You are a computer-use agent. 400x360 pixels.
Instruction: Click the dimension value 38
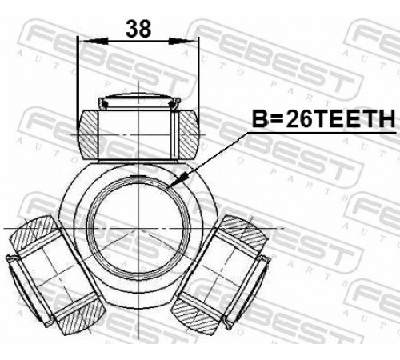tap(138, 29)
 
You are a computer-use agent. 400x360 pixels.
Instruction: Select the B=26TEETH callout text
tap(323, 118)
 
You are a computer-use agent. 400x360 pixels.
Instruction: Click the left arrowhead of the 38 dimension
tap(95, 42)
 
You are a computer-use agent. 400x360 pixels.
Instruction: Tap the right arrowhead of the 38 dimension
tap(182, 42)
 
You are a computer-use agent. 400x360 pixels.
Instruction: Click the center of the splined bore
tap(138, 228)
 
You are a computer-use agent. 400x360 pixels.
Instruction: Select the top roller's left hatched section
tap(88, 134)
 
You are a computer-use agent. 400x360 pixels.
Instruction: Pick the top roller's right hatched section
tap(189, 134)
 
